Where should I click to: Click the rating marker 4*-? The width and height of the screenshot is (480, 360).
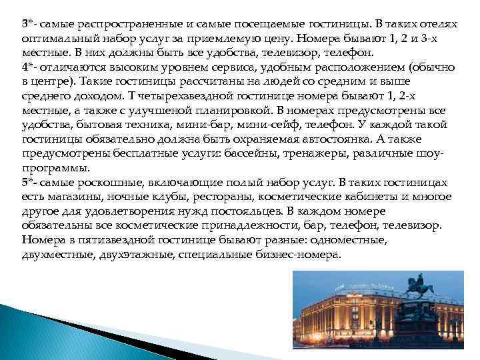[x=29, y=67]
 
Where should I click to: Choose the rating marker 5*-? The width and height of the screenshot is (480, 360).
[x=29, y=182]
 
